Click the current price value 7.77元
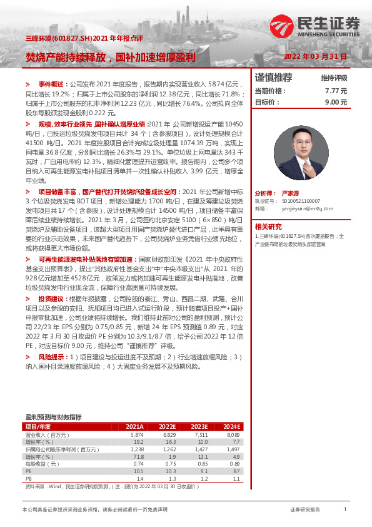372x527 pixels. click(336, 91)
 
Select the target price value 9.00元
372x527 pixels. click(336, 101)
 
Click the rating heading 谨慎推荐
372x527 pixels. click(274, 78)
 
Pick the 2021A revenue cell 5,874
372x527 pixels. click(136, 434)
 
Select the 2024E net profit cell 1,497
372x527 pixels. click(232, 449)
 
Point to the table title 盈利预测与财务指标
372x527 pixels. click(53, 416)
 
